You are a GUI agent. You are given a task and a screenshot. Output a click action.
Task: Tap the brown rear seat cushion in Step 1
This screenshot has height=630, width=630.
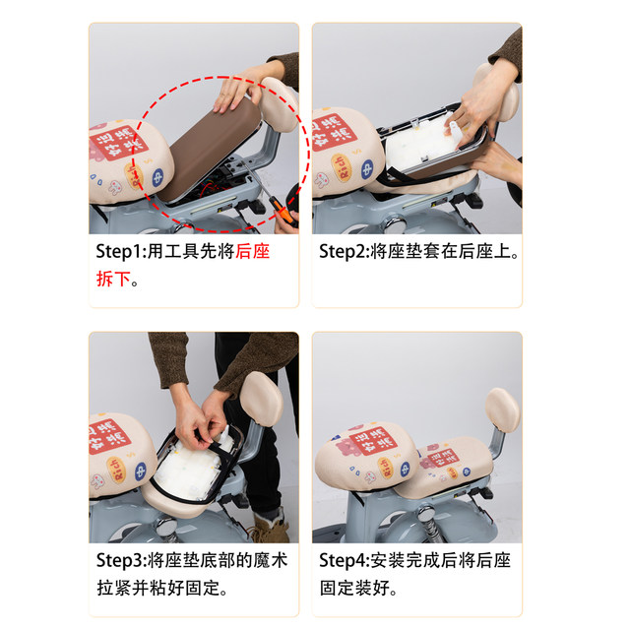point(210,149)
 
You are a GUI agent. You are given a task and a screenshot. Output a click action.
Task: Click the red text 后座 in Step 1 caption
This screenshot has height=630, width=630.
point(252,252)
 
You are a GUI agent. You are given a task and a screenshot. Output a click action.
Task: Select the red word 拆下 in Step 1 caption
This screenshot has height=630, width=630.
point(113,279)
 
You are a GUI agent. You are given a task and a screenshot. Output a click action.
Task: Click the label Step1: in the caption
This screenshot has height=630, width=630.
point(121,252)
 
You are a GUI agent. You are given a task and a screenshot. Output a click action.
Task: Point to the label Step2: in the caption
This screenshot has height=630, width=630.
point(345,252)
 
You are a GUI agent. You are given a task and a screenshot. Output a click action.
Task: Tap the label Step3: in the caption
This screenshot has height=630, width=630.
point(121,560)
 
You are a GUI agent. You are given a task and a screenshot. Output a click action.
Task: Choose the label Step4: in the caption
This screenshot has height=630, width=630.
point(345,560)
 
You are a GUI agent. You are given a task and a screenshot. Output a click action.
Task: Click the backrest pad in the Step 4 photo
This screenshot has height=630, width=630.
point(502,409)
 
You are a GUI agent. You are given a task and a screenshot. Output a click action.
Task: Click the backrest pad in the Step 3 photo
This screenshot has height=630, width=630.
point(262,399)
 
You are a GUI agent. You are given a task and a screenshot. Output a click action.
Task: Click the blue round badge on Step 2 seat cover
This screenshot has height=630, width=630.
point(367,169)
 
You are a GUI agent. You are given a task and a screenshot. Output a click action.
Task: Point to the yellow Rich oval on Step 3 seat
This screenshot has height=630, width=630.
point(117,471)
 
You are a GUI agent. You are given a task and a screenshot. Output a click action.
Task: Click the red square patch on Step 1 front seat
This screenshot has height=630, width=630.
point(118,143)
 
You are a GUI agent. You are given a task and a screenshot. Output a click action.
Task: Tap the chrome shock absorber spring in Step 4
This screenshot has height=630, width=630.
point(427,523)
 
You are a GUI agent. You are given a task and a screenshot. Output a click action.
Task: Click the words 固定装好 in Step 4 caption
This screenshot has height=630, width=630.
point(354,589)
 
